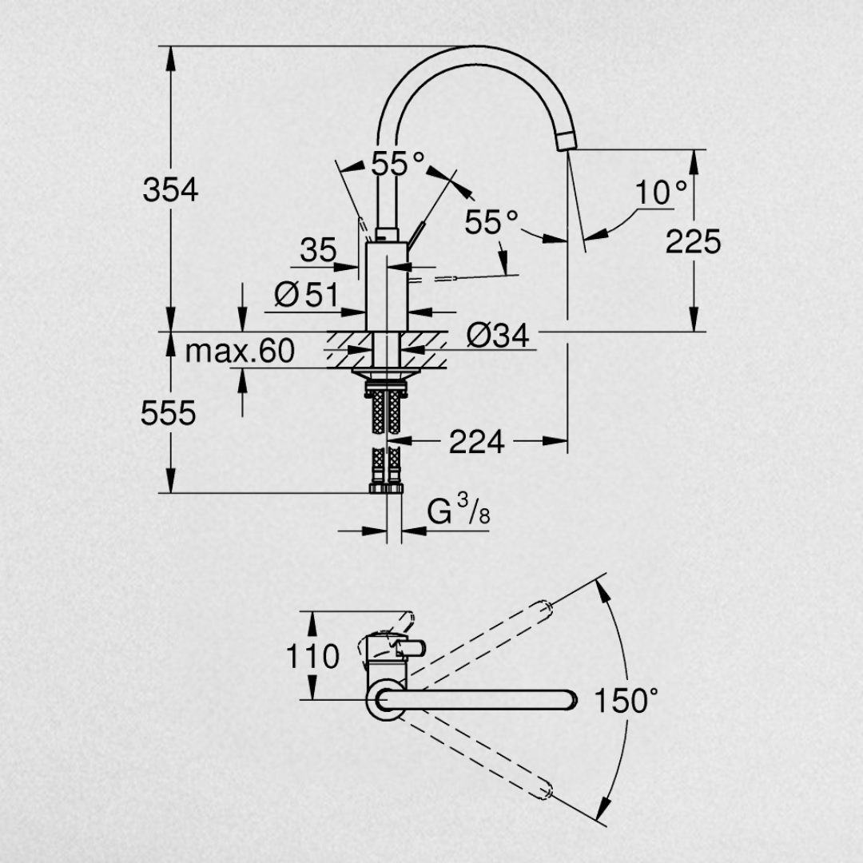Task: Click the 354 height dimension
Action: pos(170,190)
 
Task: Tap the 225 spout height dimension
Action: pos(693,241)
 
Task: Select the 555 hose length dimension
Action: pos(168,413)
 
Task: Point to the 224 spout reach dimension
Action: pos(476,441)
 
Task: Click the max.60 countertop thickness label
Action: pos(240,351)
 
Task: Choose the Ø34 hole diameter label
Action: pos(498,335)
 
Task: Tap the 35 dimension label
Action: pos(318,250)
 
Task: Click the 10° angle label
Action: pos(661,192)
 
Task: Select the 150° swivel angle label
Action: pos(626,701)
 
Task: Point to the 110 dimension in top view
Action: pos(312,657)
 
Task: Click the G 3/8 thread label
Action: pos(459,509)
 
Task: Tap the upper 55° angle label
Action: pos(398,163)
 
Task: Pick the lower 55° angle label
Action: pos(491,222)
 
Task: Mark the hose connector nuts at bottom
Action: pos(387,488)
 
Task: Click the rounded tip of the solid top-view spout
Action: pos(572,700)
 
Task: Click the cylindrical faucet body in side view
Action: pos(387,286)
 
